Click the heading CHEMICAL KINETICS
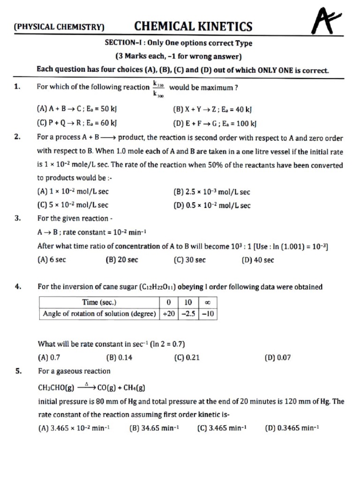[x=193, y=26]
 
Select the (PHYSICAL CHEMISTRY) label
[x=59, y=27]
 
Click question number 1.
[x=17, y=87]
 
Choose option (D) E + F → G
[x=215, y=124]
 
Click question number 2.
[x=17, y=138]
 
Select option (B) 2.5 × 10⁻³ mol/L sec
[x=211, y=192]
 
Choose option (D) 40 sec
[x=257, y=260]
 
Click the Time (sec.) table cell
[x=99, y=303]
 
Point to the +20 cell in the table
[x=168, y=314]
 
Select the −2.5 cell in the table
[x=188, y=314]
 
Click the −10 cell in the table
[x=208, y=314]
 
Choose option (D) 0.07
[x=277, y=358]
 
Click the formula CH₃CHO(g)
[x=56, y=388]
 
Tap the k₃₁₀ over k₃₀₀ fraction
[x=158, y=88]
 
